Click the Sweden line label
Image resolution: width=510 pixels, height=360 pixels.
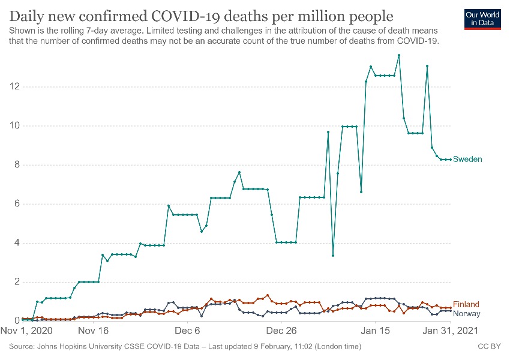pos(467,159)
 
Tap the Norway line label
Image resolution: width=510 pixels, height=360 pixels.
pos(467,314)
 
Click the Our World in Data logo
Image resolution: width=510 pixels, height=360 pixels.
pos(483,19)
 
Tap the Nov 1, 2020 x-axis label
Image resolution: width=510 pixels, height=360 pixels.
pos(27,331)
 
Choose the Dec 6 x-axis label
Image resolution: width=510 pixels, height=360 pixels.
pos(188,331)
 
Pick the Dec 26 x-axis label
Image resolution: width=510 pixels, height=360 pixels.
pos(282,331)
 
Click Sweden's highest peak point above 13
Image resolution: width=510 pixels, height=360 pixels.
pos(399,55)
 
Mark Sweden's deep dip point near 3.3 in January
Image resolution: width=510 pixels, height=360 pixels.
pos(333,256)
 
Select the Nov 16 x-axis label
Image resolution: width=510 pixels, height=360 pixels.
pos(93,331)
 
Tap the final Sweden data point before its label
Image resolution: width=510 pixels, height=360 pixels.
pos(451,160)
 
